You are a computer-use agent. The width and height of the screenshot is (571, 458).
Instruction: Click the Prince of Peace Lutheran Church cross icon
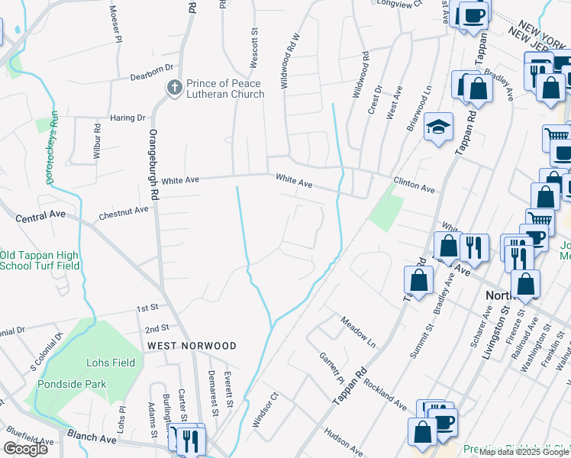pyautogui.click(x=174, y=89)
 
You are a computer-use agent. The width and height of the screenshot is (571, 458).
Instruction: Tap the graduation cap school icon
pyautogui.click(x=439, y=127)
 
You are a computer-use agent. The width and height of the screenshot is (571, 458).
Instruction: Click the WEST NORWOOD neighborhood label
pyautogui.click(x=192, y=346)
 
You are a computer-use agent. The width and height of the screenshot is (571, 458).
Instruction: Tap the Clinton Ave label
pyautogui.click(x=414, y=185)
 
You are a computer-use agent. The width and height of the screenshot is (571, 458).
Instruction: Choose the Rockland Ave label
pyautogui.click(x=384, y=390)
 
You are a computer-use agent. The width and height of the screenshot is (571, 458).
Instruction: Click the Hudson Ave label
pyautogui.click(x=343, y=443)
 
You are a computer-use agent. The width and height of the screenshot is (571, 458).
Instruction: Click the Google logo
pyautogui.click(x=25, y=449)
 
